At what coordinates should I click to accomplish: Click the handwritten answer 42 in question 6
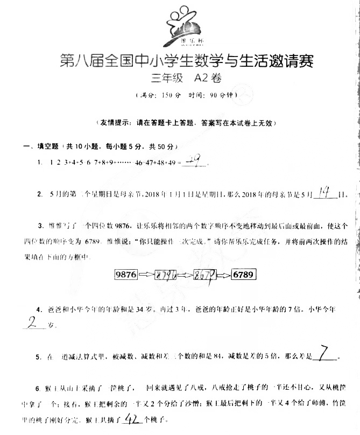pos(132,418)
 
